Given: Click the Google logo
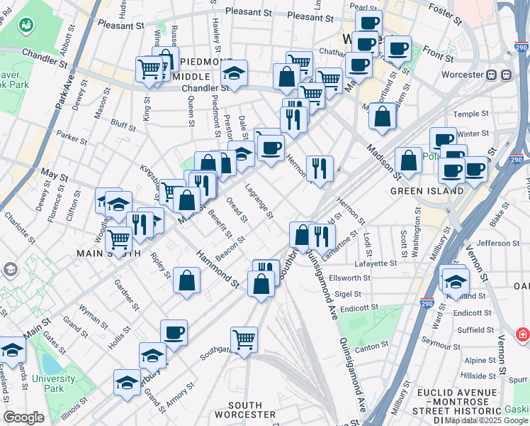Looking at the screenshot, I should click(23, 417).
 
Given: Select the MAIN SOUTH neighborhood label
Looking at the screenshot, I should click(104, 252).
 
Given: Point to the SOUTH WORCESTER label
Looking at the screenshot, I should click(245, 414).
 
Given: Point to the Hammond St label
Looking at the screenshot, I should click(217, 268).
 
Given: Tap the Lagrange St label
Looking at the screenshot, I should click(259, 202).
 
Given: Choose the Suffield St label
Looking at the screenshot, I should click(474, 329).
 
